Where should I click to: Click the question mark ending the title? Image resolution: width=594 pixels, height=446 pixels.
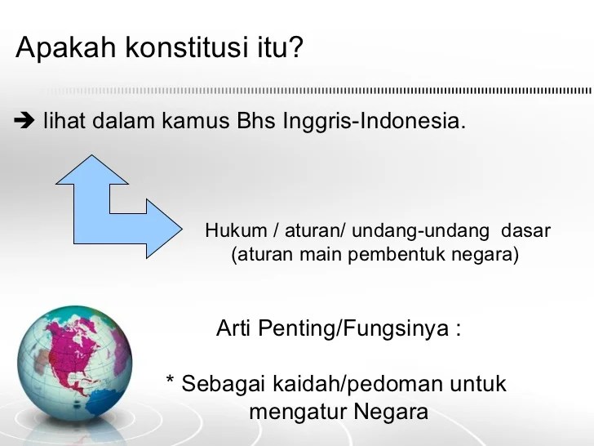pyautogui.click(x=295, y=48)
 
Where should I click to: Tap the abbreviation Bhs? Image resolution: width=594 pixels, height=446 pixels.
pyautogui.click(x=255, y=123)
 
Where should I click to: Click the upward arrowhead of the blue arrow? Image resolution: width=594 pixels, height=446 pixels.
pyautogui.click(x=92, y=168)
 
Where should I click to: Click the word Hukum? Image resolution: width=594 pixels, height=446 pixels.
pyautogui.click(x=231, y=231)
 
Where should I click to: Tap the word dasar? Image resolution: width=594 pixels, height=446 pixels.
pyautogui.click(x=525, y=231)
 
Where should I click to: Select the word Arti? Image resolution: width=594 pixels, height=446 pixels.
pyautogui.click(x=235, y=328)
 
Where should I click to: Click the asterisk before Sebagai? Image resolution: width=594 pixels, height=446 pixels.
pyautogui.click(x=171, y=382)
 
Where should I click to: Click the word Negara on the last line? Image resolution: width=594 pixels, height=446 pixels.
pyautogui.click(x=391, y=412)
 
